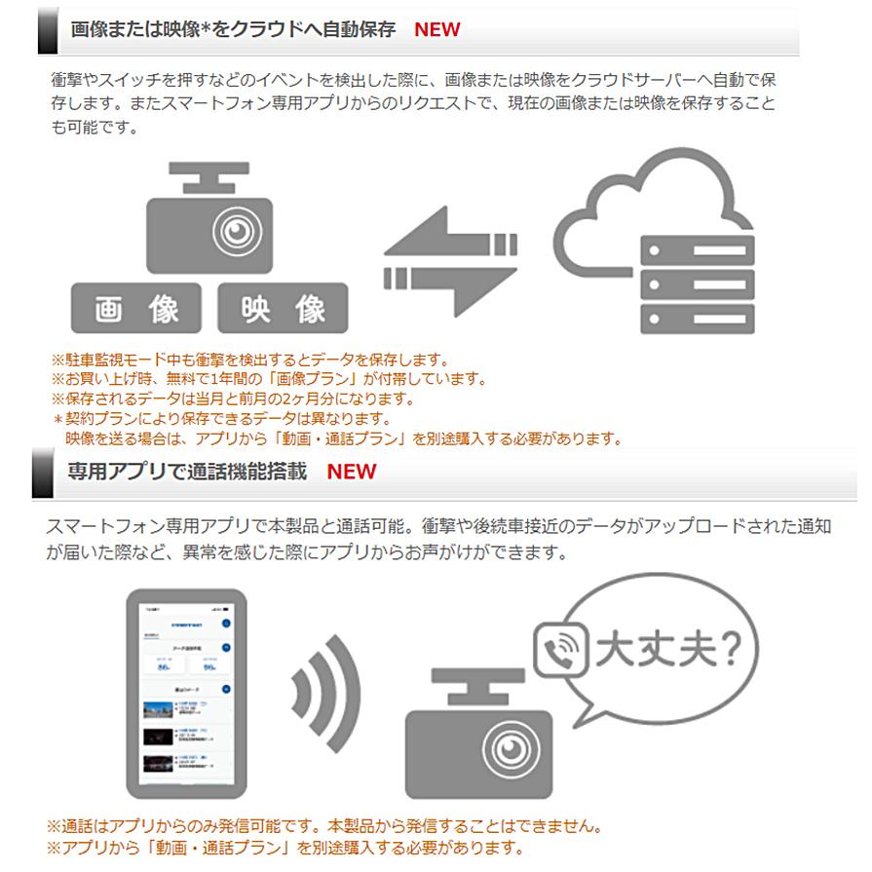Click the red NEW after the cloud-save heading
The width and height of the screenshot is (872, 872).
[x=436, y=28]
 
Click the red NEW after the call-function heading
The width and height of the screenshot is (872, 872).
[x=351, y=472]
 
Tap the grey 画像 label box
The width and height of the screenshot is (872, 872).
[x=135, y=309]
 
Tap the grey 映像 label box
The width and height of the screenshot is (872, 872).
[x=283, y=309]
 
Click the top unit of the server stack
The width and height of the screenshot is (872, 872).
[x=696, y=250]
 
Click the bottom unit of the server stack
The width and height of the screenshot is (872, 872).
[x=696, y=318]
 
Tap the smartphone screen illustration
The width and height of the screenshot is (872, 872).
[x=184, y=694]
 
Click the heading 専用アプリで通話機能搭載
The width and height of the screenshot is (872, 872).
[x=187, y=472]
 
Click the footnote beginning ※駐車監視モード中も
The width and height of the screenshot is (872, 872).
[x=249, y=360]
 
